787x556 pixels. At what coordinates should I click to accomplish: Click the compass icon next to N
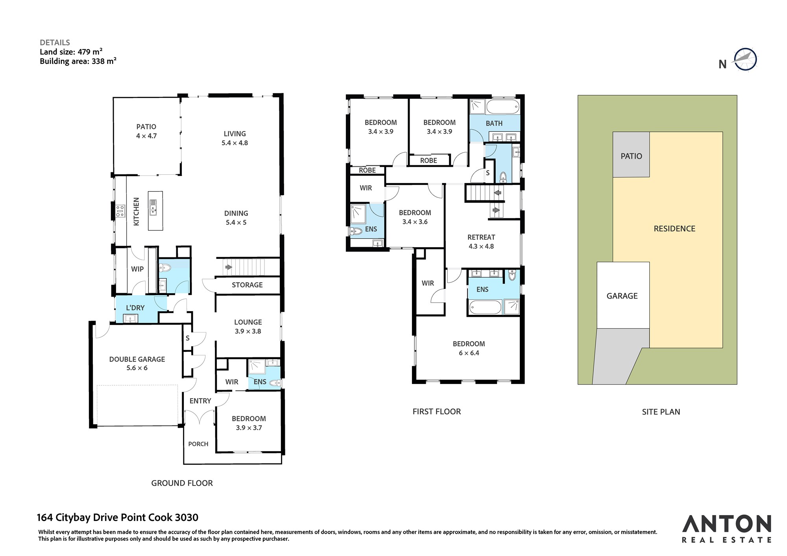(x=745, y=60)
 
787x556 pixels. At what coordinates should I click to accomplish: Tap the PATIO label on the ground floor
(x=146, y=127)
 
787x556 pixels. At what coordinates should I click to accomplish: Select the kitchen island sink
(x=153, y=207)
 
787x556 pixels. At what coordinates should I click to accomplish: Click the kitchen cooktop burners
(x=120, y=211)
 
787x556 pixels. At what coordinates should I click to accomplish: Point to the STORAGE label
(x=247, y=285)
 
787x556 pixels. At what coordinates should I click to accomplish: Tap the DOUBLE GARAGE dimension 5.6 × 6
(x=137, y=368)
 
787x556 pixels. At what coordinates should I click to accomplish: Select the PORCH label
(x=198, y=444)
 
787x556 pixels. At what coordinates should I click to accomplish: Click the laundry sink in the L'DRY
(x=131, y=318)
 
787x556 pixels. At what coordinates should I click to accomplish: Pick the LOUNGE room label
(x=248, y=322)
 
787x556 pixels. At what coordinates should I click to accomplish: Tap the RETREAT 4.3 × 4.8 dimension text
(x=481, y=246)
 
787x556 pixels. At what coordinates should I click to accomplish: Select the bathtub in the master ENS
(x=486, y=307)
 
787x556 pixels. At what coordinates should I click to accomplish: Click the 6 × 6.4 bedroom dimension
(x=469, y=353)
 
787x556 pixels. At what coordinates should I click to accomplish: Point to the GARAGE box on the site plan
(x=623, y=295)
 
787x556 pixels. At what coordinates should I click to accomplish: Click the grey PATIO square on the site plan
(x=631, y=155)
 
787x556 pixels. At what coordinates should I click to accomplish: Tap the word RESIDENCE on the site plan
(x=674, y=229)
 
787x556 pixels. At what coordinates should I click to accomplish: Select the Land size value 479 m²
(x=90, y=52)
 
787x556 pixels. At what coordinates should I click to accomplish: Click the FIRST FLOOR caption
(x=437, y=412)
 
